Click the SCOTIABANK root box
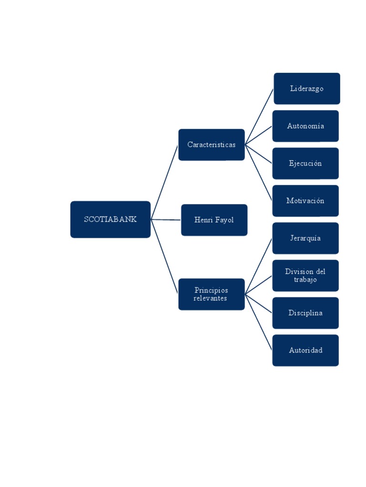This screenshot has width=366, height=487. coord(110,219)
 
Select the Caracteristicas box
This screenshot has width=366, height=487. coord(211,145)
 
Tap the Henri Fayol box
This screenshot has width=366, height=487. coord(214,220)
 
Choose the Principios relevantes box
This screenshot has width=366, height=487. coord(211,294)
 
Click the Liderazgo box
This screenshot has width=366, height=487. coord(306,88)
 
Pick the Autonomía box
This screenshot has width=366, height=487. coord(305,126)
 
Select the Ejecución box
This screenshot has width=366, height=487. coord(305,164)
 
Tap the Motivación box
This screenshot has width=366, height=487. coord(305,201)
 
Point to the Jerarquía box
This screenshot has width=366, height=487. coord(305,238)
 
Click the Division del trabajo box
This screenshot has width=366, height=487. coord(305,275)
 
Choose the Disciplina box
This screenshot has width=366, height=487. coord(305,313)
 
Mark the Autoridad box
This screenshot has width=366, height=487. coord(305,351)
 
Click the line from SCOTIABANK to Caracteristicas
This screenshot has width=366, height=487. coord(164,182)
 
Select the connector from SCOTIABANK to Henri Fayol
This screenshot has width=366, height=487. coord(166,220)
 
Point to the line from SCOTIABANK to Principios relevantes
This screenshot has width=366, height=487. coord(164,257)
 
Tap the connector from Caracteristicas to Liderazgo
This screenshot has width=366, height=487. coord(259,117)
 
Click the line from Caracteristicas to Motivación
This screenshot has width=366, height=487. coord(259,173)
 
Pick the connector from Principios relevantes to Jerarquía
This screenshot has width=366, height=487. coord(259,266)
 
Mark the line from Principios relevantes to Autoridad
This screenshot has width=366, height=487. coord(259,322)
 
